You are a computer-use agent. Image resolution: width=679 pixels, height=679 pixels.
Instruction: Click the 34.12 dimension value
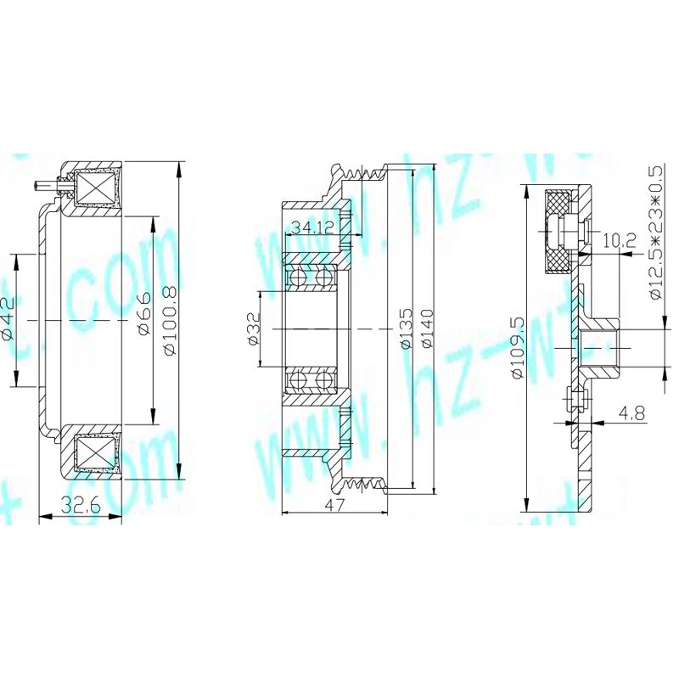(x=311, y=227)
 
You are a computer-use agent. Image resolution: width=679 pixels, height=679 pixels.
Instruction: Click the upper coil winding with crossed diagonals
(x=96, y=188)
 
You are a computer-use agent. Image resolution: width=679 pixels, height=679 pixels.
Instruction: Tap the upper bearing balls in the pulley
(x=311, y=278)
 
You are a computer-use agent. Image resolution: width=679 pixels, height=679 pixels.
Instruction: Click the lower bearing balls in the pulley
(x=311, y=381)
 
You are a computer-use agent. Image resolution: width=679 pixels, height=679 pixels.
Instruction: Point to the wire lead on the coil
(x=43, y=184)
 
